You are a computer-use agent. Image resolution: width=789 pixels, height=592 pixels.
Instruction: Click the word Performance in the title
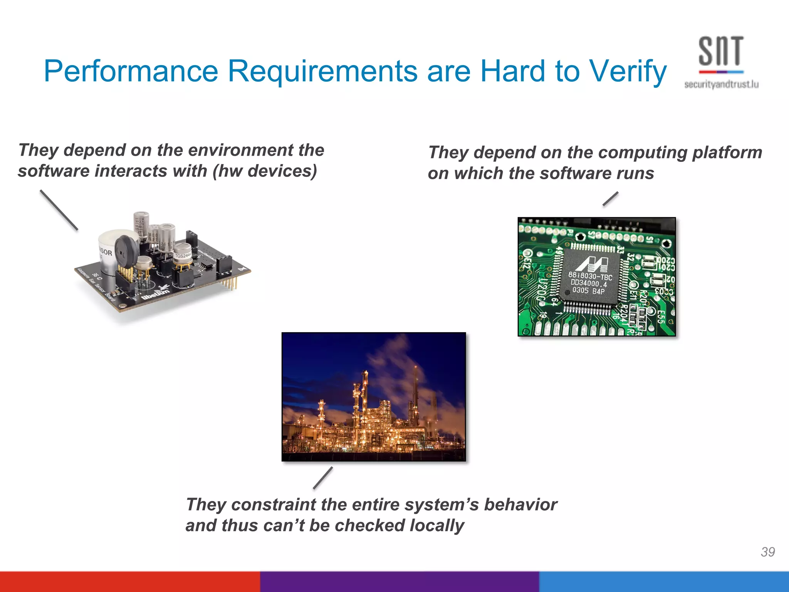[131, 71]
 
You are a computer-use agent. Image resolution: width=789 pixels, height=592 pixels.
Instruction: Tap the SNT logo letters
[720, 51]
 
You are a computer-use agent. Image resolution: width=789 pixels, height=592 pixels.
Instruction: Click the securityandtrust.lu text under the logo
[721, 84]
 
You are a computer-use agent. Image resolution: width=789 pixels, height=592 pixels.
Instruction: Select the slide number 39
[767, 552]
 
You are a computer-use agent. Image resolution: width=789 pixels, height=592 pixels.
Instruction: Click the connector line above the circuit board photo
[611, 199]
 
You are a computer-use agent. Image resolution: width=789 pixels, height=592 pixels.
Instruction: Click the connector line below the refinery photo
[323, 478]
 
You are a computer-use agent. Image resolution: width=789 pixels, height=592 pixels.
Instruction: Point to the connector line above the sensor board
[59, 210]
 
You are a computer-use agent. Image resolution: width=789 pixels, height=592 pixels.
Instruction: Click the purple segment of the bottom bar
[399, 582]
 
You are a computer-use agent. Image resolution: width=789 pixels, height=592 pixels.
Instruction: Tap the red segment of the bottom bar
[129, 582]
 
